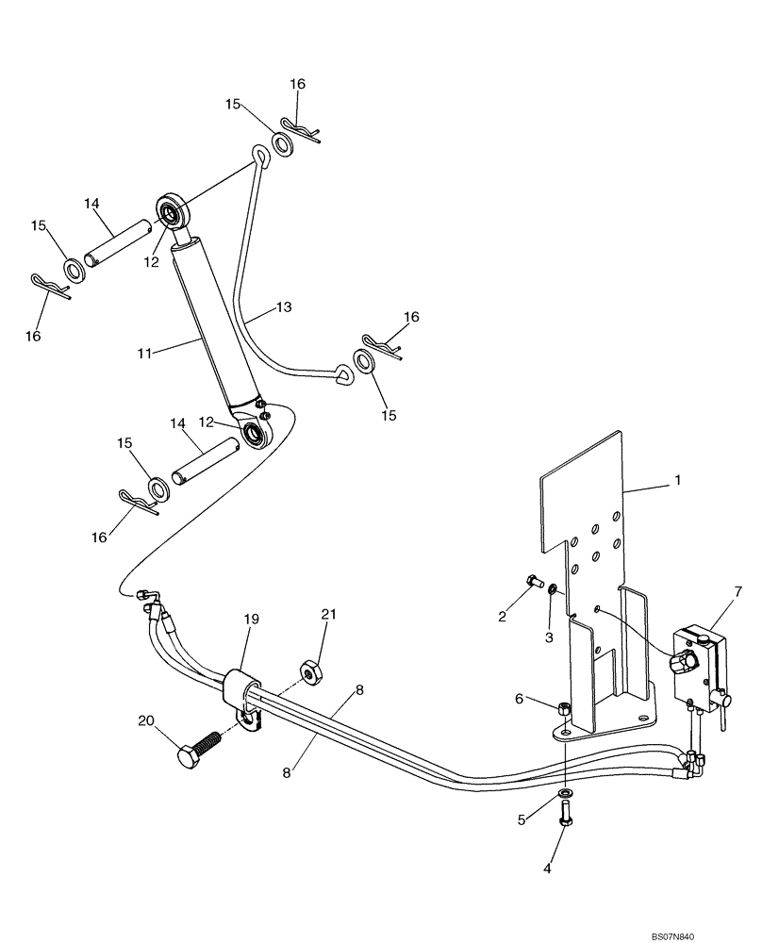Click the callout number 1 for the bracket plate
tap(675, 480)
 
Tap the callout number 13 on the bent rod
tap(284, 307)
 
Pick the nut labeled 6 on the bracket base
tap(563, 708)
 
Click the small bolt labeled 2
tap(532, 581)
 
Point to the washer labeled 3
tap(553, 592)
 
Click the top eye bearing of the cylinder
tap(173, 210)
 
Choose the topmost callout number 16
tap(297, 84)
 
